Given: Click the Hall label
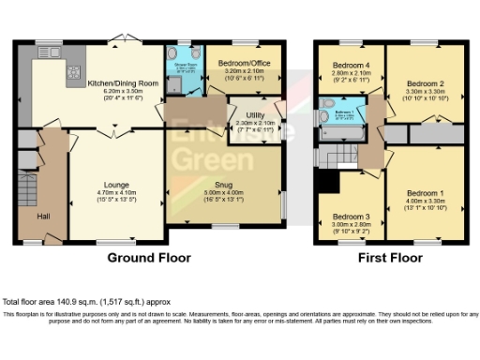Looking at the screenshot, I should click(x=43, y=217).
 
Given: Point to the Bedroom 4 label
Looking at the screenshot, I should click(x=352, y=65).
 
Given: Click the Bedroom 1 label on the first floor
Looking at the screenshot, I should click(x=424, y=193).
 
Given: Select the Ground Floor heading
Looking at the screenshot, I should click(x=149, y=258).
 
